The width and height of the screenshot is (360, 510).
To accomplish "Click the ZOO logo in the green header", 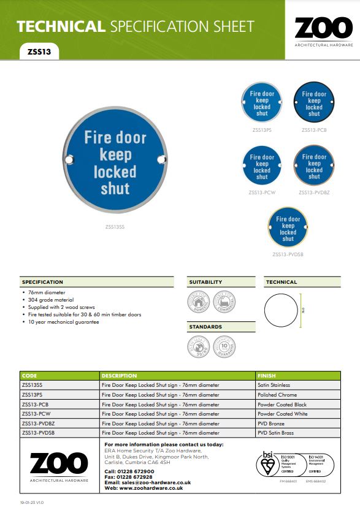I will click(x=323, y=29).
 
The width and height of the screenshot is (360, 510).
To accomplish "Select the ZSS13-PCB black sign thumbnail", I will click(x=314, y=104).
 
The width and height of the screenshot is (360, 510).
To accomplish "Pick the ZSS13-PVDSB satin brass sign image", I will click(x=288, y=229).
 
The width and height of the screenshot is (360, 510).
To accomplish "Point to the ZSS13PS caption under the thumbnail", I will click(x=262, y=130).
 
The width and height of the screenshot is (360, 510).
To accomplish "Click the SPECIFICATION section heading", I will click(x=43, y=282).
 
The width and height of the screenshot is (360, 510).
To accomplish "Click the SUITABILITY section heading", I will click(x=205, y=282).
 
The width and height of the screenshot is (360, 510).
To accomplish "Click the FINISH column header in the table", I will click(x=267, y=375).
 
